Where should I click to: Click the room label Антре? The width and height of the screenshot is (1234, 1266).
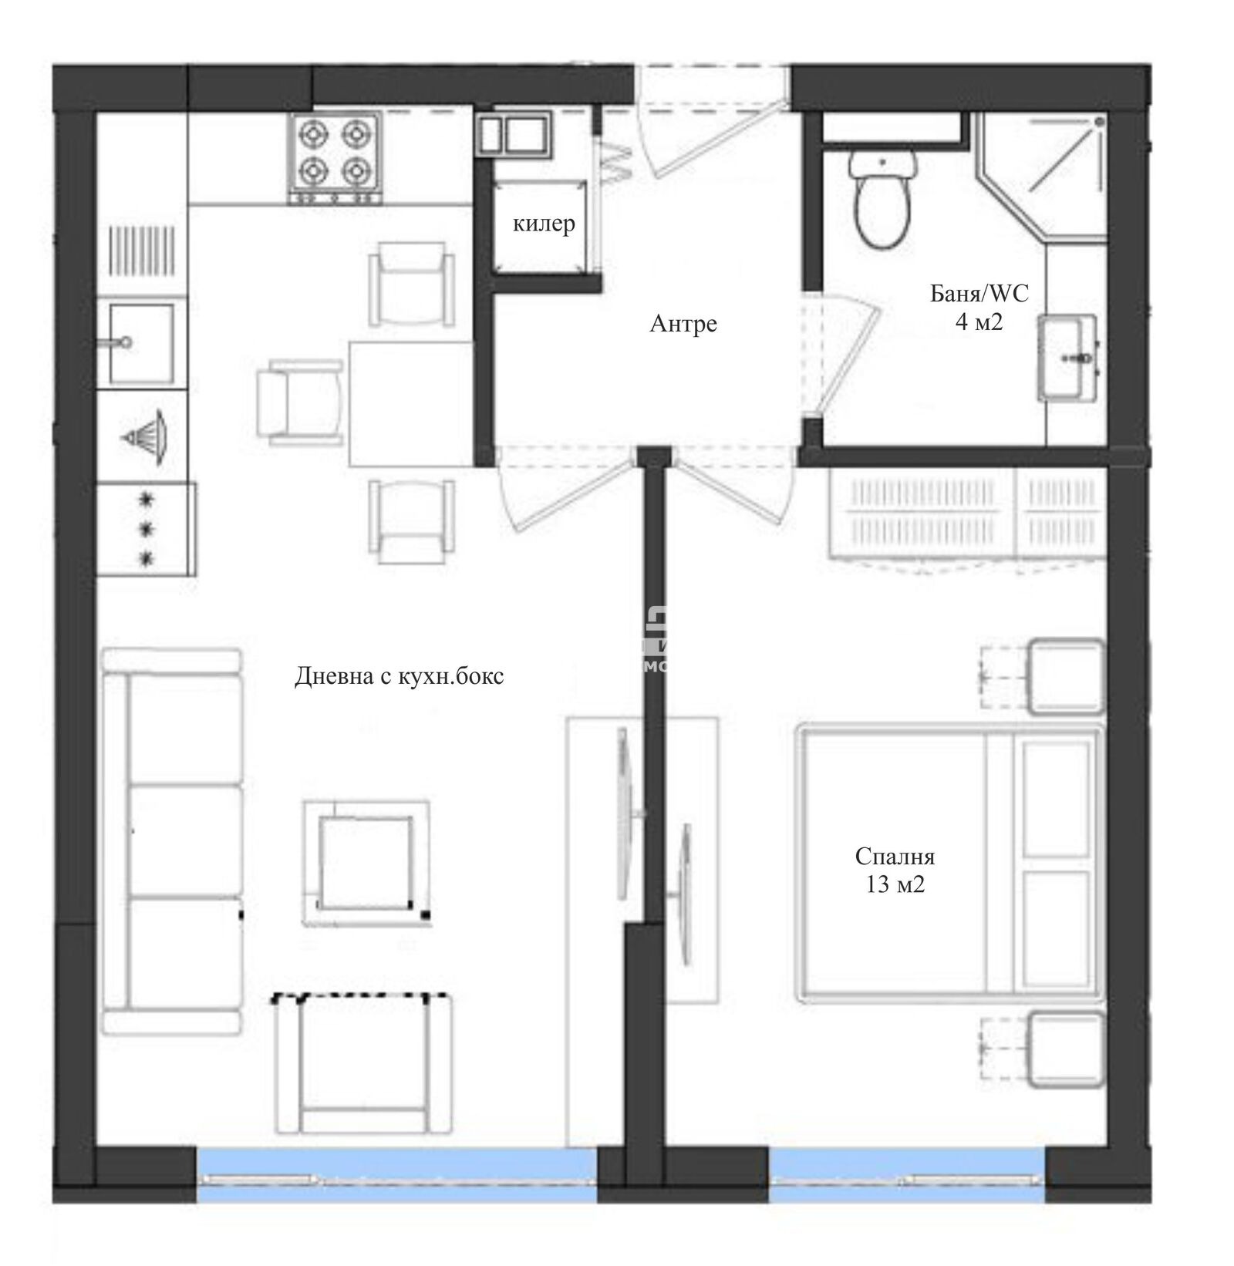683,324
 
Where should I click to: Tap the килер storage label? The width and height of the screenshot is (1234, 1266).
544,224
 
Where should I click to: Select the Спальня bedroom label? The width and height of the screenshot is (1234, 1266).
895,857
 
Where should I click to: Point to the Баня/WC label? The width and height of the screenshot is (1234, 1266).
979,294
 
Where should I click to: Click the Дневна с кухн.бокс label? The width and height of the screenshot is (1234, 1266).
399,676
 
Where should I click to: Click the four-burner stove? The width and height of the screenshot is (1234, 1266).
335,159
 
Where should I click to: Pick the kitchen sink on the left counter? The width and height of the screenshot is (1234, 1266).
140,343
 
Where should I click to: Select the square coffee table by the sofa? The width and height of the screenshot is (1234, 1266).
366,863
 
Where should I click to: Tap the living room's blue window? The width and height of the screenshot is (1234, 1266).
396,1174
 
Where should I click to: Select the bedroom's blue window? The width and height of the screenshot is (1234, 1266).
907,1174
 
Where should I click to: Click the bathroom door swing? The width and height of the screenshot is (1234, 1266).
845,355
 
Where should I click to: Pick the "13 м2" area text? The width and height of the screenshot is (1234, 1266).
895,884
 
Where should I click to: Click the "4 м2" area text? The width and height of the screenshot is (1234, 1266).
979,322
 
